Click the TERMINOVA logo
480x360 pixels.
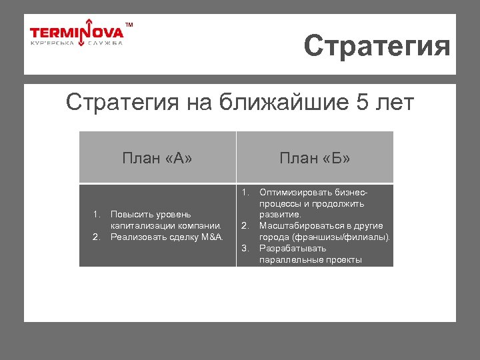click(77, 33)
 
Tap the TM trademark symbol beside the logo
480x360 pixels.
click(129, 25)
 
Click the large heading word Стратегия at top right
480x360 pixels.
click(377, 47)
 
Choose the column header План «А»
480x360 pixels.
click(157, 158)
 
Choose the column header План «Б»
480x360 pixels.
click(315, 158)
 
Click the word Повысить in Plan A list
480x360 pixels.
click(131, 215)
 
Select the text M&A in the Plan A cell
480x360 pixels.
click(212, 237)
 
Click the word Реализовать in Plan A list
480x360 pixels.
click(136, 237)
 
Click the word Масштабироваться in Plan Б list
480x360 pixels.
click(297, 226)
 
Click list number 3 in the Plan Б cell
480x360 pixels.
click(245, 249)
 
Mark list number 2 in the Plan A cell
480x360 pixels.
click(96, 237)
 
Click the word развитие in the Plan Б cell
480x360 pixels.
click(280, 215)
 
